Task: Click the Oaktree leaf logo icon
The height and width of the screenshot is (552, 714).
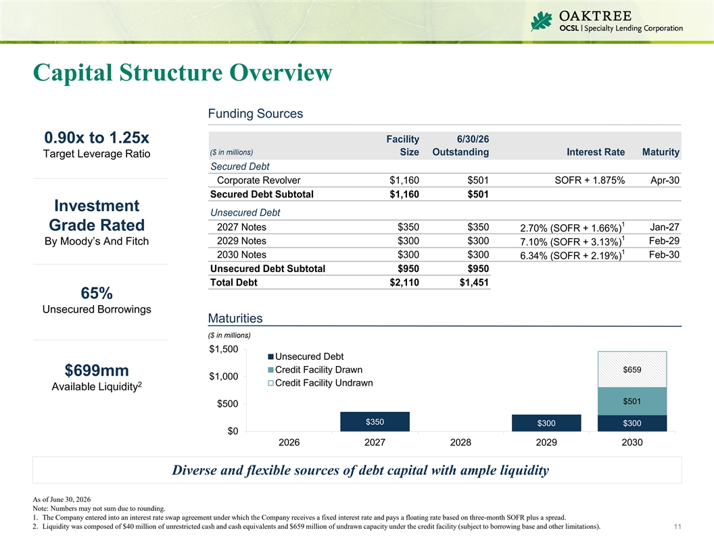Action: coord(542,21)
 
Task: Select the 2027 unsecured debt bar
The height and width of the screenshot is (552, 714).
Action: coord(375,421)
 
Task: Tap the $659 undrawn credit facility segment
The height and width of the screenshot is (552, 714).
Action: coord(632,369)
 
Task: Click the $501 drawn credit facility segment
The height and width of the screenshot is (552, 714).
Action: coord(632,401)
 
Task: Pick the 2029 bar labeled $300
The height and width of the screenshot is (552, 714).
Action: coord(546,423)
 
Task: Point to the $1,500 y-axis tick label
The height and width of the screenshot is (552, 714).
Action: coord(224,349)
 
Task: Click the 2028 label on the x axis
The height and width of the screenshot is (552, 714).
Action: coord(460,442)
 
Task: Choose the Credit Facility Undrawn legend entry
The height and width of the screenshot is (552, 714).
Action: coord(320,383)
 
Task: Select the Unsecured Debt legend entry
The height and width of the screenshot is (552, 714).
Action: coord(306,356)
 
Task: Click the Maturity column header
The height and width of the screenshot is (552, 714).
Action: coord(661,152)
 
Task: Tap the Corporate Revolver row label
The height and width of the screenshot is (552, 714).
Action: coord(259,181)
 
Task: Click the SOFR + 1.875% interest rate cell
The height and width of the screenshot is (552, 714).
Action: coord(590,181)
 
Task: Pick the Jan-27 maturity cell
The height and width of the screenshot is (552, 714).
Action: coord(665,227)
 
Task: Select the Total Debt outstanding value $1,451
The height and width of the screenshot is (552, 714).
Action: coord(474,282)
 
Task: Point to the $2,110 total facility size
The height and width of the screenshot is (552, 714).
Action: coord(404,282)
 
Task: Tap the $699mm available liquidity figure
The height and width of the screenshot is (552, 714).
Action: coord(97,370)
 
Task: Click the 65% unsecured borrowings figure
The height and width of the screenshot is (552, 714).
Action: coord(97,293)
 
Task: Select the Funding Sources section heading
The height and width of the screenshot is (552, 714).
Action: coord(256,114)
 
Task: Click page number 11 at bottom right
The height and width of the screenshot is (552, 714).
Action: coord(677,526)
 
